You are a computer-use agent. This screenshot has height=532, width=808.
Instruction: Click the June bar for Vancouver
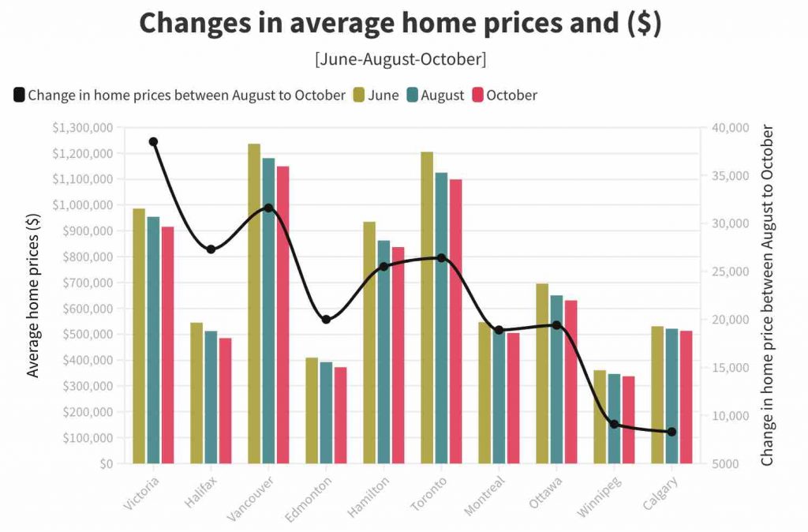(254, 304)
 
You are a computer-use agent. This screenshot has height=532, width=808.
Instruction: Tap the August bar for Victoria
(153, 339)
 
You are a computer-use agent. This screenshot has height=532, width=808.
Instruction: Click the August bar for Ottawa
(556, 379)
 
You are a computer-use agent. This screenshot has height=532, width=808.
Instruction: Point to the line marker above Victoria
(153, 142)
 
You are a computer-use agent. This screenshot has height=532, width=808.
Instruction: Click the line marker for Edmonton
(326, 320)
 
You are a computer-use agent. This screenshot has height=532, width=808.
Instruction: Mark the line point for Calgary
(671, 432)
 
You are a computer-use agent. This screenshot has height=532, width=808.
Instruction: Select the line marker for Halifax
(211, 249)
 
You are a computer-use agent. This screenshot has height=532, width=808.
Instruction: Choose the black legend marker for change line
(19, 96)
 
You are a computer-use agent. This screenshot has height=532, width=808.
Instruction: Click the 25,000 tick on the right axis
(724, 272)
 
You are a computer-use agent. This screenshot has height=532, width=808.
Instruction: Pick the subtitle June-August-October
(400, 59)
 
